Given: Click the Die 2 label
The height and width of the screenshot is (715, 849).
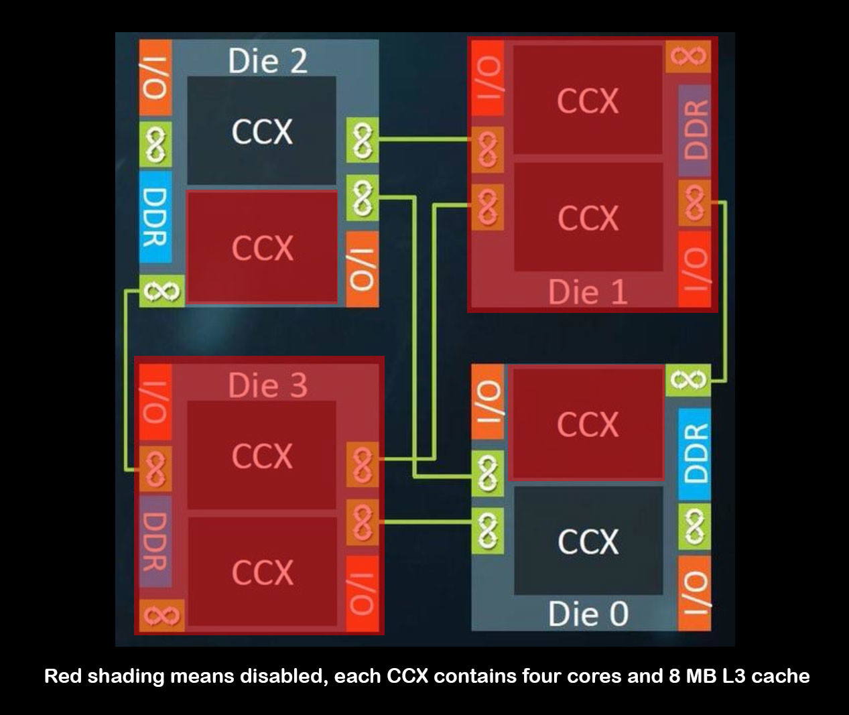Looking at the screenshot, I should pos(267,61).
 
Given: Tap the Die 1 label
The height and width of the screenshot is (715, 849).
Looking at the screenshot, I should pos(588,292).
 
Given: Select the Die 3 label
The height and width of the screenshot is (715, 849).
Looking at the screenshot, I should pos(267,385).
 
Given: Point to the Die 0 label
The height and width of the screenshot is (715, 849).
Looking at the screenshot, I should pos(588,614).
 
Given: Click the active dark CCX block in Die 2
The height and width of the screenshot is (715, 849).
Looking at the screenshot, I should pos(261,131).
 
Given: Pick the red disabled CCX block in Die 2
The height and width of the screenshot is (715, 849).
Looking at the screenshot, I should pos(261,247).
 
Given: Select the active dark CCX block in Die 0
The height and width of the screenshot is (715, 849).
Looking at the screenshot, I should pos(588,541).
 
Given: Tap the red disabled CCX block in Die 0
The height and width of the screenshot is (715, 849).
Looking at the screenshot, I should pos(588,424).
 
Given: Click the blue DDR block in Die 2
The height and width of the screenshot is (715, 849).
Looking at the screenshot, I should pos(155,216).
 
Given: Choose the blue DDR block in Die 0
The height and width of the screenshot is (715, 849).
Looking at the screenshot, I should pos(695,453).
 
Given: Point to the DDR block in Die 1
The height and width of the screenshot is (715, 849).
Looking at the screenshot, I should pos(695,130).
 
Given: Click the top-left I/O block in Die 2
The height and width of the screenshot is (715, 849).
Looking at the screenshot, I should pos(155,77).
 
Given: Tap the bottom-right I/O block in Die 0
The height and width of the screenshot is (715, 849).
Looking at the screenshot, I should pos(695,593).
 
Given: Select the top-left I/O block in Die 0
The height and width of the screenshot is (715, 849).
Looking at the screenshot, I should pos(488,401).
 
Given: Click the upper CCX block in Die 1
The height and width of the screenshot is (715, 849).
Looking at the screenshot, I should pos(588,101).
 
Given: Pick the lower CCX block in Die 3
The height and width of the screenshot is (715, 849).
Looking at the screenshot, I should pos(261,572).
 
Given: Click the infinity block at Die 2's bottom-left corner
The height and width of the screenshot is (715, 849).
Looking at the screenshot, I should pos(161,291).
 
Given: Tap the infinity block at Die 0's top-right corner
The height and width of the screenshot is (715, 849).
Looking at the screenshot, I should pos(688,380).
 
